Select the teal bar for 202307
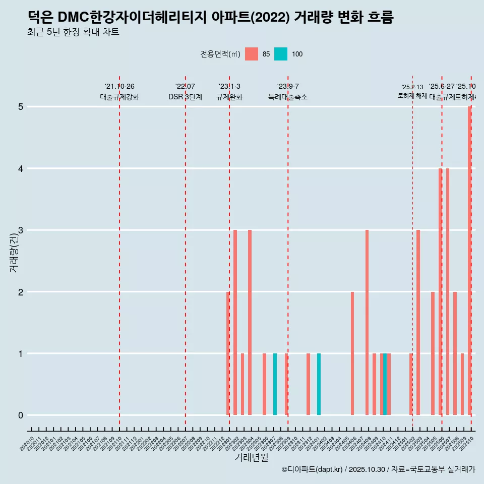(275, 384)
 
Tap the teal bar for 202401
(319, 384)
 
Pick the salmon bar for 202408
(367, 323)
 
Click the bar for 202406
(352, 353)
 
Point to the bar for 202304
(250, 323)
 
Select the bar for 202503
(418, 323)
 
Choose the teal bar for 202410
(385, 384)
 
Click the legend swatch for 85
(251, 54)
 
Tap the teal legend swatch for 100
(281, 54)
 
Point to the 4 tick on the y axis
(21, 168)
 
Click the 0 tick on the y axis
(21, 415)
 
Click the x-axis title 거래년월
(251, 457)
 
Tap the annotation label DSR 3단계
(185, 97)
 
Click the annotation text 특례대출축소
(287, 97)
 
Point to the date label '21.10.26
(119, 87)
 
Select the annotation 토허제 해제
(412, 96)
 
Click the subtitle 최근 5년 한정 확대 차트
(73, 32)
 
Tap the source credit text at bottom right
(378, 469)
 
